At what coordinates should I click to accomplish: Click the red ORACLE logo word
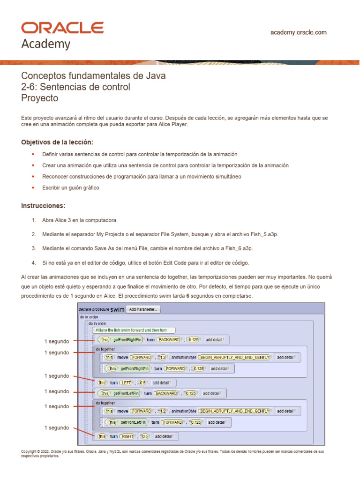point(62,28)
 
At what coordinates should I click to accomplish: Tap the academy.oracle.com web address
point(299,32)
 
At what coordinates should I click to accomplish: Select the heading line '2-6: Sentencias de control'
point(76,87)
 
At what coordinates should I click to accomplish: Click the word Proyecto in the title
point(40,98)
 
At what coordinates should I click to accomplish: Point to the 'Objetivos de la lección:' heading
point(57,142)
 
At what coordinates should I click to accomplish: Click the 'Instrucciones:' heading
point(43,206)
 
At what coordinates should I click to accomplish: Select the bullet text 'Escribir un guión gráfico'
point(70,187)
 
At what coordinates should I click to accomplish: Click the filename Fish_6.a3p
point(238,248)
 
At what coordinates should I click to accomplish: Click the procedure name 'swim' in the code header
point(118,309)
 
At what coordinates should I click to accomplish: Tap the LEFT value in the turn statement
point(127,382)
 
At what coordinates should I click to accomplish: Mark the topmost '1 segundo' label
point(57,341)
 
